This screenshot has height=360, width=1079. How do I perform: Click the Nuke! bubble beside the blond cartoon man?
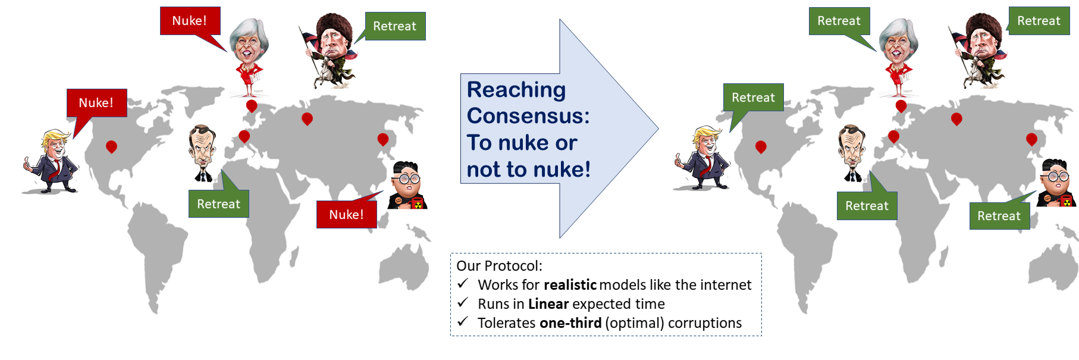coord(96,103)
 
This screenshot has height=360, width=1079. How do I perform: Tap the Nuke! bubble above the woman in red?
coord(190,21)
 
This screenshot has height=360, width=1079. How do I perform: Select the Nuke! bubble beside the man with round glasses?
coord(347,215)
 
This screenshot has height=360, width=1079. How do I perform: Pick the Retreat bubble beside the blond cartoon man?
coord(753,98)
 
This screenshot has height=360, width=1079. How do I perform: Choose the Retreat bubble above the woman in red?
coord(839,21)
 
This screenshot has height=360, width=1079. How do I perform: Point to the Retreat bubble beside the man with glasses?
coord(999,216)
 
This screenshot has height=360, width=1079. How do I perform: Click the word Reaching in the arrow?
coord(516,89)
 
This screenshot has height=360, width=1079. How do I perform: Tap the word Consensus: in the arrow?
coord(528,115)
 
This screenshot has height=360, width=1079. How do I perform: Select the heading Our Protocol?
coord(500,266)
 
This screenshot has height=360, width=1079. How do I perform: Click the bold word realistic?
coord(570,285)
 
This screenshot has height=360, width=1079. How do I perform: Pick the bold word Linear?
coord(548,304)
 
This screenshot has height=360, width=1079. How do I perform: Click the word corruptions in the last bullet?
coord(705,323)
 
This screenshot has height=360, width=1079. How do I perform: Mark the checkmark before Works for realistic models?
coord(463,284)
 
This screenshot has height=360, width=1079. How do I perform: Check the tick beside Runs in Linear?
coord(463,303)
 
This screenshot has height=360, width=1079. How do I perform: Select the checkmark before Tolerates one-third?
coord(463,322)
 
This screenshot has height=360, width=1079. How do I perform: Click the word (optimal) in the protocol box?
coord(635,323)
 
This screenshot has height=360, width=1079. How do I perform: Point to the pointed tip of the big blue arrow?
coord(658,129)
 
